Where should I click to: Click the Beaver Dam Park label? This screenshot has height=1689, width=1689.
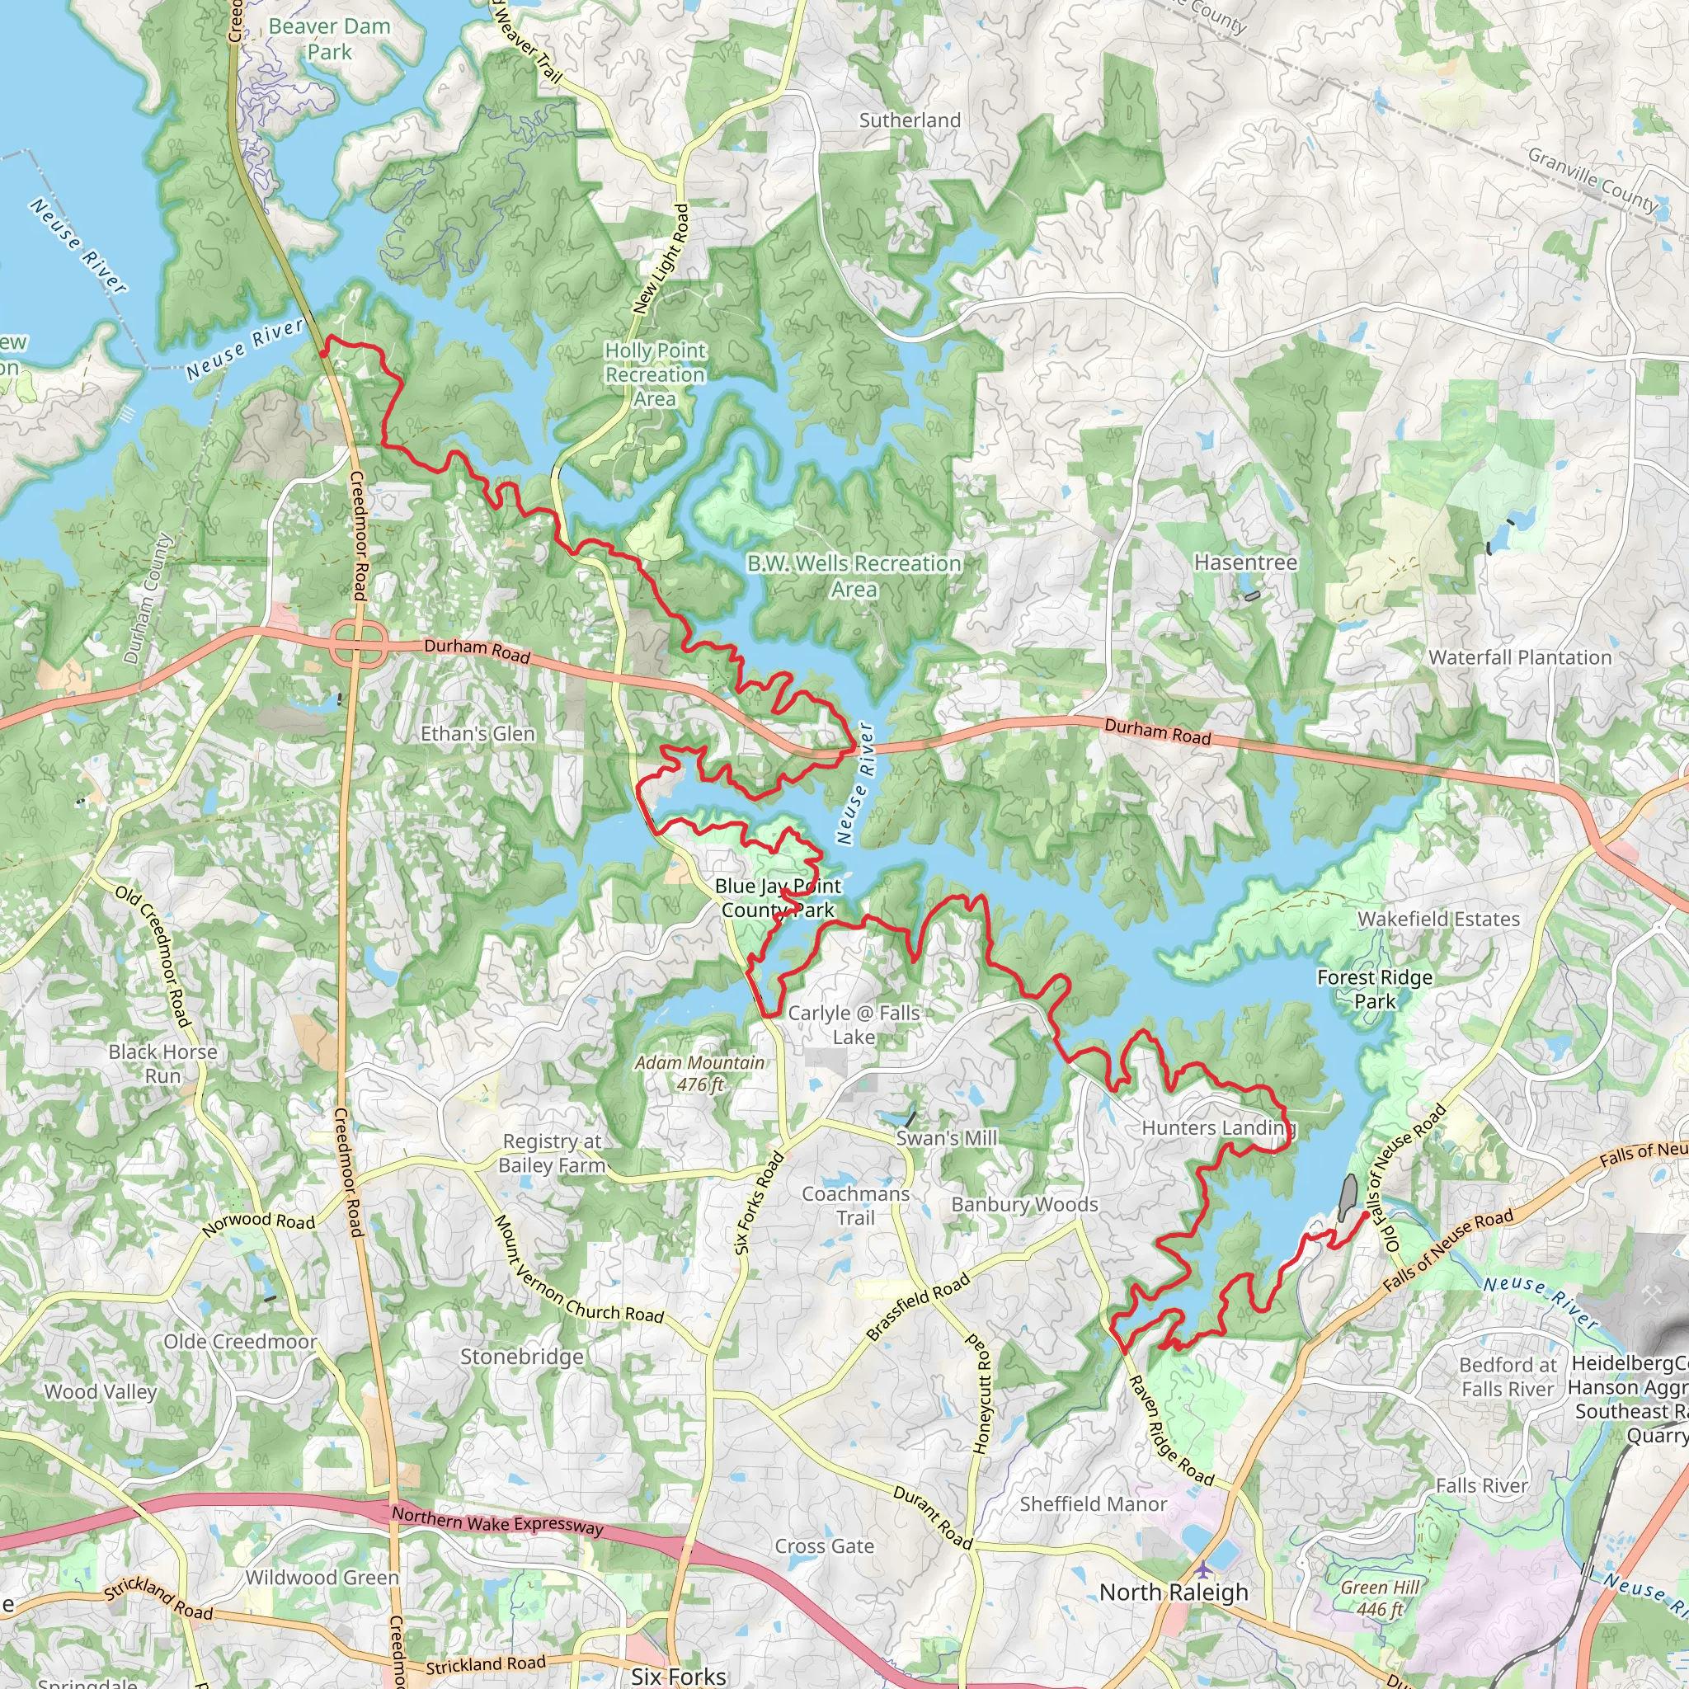(x=329, y=40)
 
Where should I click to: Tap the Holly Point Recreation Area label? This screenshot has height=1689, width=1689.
(x=655, y=374)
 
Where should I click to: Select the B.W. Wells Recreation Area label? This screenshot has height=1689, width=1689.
(x=854, y=576)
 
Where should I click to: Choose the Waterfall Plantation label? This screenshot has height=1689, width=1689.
(x=1519, y=657)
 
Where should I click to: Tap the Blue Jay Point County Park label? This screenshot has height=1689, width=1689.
(x=777, y=898)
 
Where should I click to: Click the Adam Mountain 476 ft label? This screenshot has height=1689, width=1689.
(x=699, y=1073)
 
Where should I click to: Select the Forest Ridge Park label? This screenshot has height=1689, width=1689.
(x=1374, y=989)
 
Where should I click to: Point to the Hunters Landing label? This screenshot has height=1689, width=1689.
(x=1218, y=1127)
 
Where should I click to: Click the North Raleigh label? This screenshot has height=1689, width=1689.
(x=1174, y=1592)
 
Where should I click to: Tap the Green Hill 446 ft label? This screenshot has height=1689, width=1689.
(x=1381, y=1597)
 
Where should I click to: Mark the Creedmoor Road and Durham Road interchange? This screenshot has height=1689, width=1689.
(x=359, y=646)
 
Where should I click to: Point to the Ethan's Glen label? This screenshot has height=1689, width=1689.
(x=478, y=733)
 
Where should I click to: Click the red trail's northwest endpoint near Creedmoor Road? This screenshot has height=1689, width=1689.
(x=323, y=353)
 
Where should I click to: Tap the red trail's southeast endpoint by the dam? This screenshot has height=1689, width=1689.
(x=1366, y=1215)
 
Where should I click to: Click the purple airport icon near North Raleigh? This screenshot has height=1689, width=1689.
(x=1205, y=1569)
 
